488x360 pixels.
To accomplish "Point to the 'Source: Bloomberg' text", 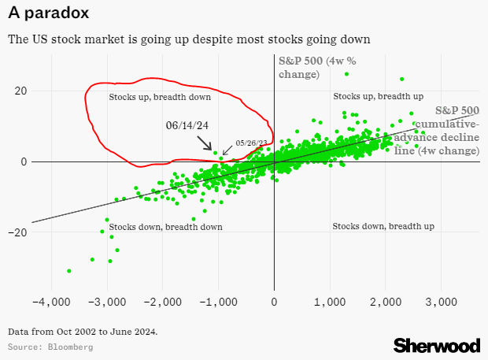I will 50,347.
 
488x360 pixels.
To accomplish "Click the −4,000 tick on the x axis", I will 50,302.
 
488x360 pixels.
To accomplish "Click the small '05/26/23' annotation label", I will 252,143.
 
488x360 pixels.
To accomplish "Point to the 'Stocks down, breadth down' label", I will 165,227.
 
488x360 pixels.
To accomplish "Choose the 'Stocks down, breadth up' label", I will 383,226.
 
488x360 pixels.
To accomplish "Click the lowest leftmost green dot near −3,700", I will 69,271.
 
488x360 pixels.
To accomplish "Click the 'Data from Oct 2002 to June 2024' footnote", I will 83,331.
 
